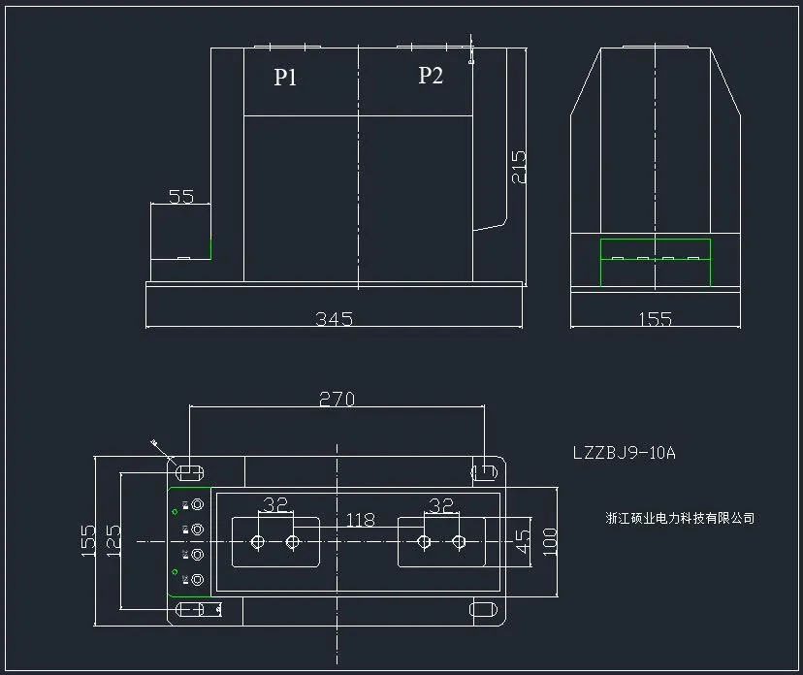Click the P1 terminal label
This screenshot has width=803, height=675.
[285, 78]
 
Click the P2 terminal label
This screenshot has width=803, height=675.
[431, 76]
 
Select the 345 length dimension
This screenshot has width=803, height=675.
[334, 318]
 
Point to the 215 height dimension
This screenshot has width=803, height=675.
[519, 167]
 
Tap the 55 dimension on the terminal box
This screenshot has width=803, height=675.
[181, 197]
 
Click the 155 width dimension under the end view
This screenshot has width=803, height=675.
[656, 318]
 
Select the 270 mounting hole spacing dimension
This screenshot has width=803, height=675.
[337, 399]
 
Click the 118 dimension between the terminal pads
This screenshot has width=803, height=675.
[360, 521]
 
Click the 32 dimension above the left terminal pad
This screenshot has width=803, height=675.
[276, 504]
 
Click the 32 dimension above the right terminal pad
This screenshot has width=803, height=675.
[441, 504]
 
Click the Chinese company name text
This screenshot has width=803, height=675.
[678, 518]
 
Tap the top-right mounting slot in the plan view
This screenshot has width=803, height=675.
[483, 472]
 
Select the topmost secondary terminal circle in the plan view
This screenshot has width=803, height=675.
[198, 504]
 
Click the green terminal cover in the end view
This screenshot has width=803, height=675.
[655, 262]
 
